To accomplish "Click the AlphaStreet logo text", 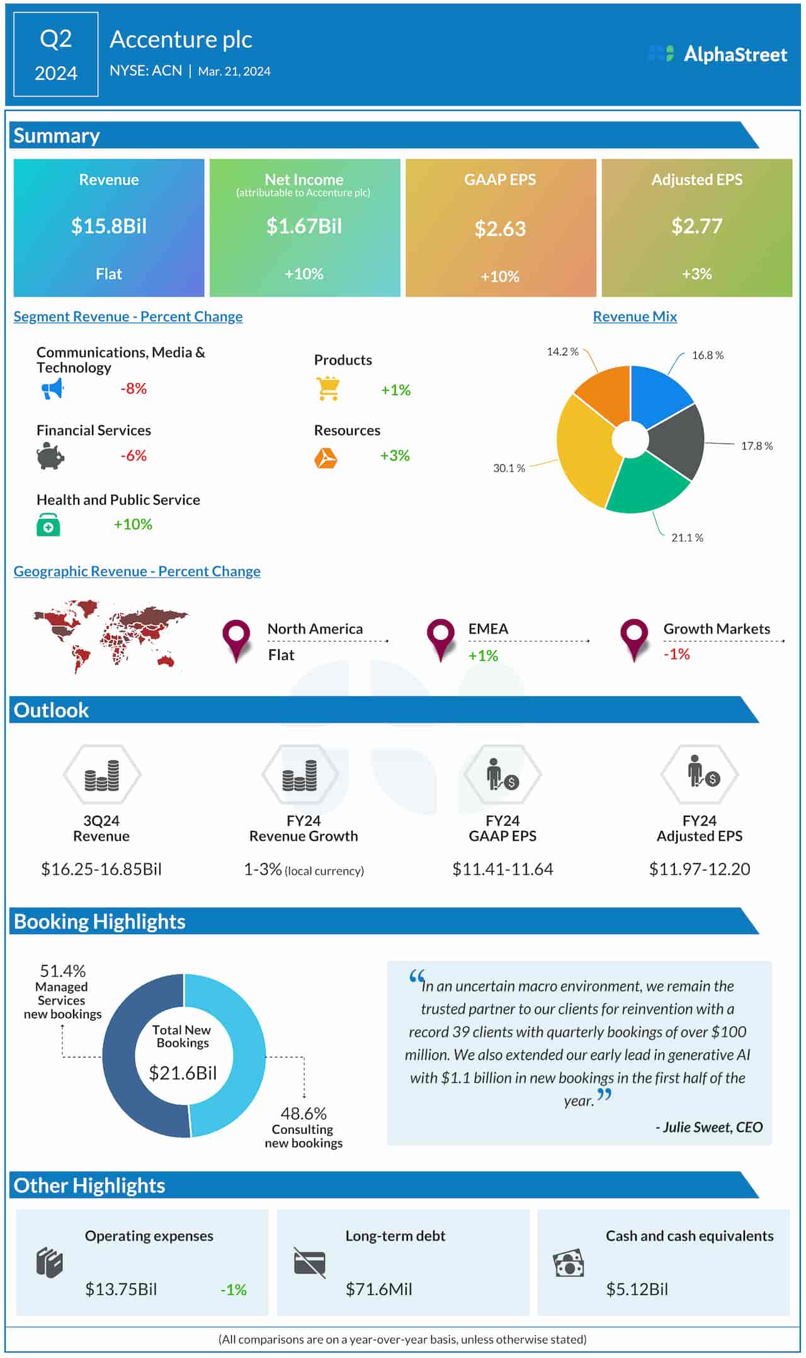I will click(735, 54).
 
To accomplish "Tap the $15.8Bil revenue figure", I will click(108, 226).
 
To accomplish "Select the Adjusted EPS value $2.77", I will click(696, 226).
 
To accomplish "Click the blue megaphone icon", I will click(52, 389).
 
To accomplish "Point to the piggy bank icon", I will click(50, 455).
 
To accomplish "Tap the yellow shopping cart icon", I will click(328, 389).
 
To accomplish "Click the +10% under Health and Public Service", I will click(133, 524).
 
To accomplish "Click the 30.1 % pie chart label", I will click(509, 468).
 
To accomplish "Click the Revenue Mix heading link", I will click(635, 317).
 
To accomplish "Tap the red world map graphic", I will click(110, 635).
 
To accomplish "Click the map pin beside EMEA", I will click(440, 637).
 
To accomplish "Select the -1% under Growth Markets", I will click(676, 654).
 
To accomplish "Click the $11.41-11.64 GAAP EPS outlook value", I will click(502, 869).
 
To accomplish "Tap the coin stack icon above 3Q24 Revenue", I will click(102, 775).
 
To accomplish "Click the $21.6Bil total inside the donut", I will click(183, 1073).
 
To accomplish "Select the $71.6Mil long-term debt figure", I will click(378, 1289).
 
